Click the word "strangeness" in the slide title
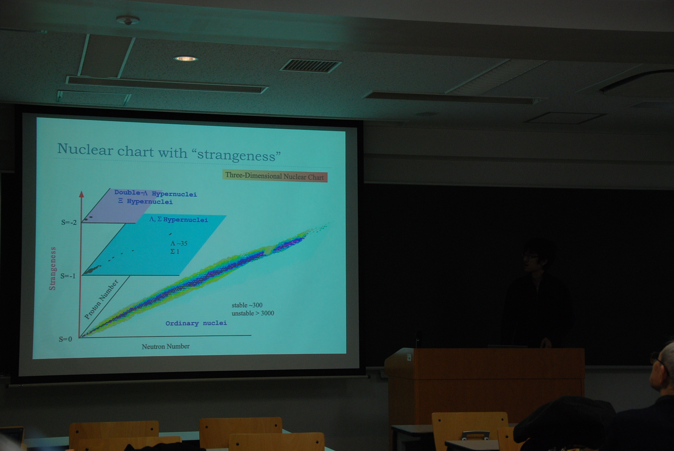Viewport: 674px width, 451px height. [x=239, y=155]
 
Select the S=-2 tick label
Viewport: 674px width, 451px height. [x=69, y=222]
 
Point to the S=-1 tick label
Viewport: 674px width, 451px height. [x=68, y=276]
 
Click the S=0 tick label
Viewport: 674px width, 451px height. [x=65, y=339]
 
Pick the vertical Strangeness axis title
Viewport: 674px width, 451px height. [x=53, y=268]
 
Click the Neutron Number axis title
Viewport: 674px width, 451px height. [x=166, y=346]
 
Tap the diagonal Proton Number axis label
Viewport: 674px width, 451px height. [x=101, y=299]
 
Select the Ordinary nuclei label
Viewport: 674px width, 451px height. [x=196, y=323]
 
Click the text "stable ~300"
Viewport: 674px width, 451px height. [x=247, y=305]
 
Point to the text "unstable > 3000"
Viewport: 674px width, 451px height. [x=253, y=313]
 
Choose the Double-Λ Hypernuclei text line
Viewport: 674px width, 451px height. [x=156, y=193]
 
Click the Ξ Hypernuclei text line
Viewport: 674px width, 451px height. [x=145, y=201]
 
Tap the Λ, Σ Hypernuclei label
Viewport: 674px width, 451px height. [x=179, y=220]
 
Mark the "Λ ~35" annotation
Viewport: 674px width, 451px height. [x=179, y=243]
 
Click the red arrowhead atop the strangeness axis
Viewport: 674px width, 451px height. [x=81, y=194]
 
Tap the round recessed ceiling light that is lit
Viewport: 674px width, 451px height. [x=186, y=59]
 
